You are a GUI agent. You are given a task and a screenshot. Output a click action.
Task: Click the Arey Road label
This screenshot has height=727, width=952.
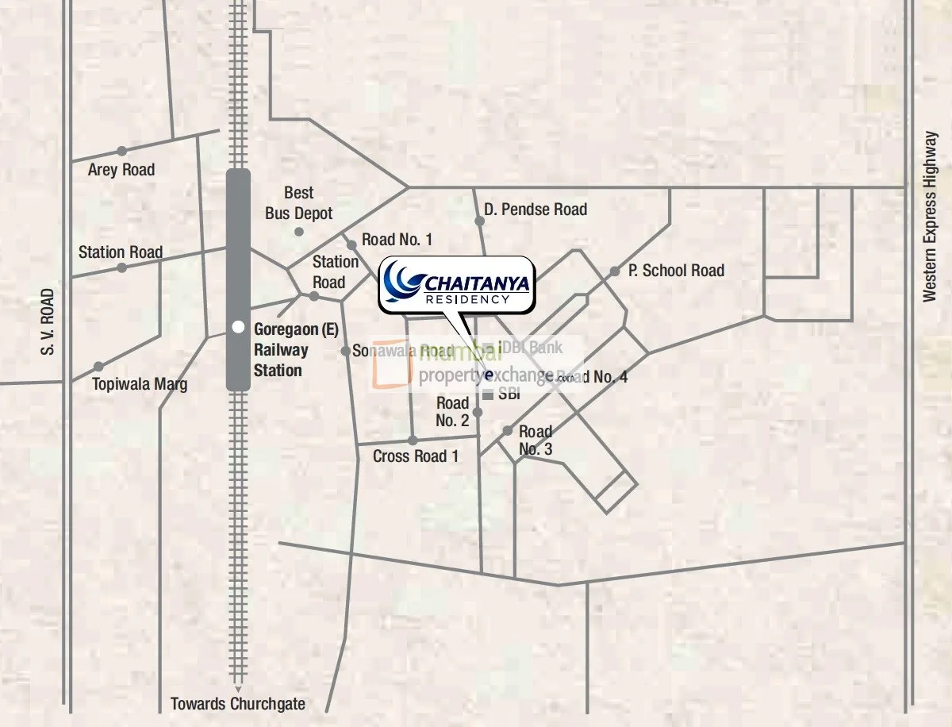pos(121,170)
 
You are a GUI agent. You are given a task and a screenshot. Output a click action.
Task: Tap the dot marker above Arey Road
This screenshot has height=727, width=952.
pos(121,151)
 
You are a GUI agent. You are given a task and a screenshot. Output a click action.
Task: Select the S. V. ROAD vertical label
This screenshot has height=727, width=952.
pos(48,321)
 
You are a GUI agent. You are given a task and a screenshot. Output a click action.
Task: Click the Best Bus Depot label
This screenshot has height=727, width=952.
pos(298,203)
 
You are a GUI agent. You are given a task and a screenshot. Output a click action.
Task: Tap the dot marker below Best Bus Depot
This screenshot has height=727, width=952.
pos(299,232)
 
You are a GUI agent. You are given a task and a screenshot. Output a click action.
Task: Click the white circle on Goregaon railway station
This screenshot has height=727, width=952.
pos(237,327)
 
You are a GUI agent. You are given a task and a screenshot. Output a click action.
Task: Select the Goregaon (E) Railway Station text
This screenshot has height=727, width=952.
pos(281,349)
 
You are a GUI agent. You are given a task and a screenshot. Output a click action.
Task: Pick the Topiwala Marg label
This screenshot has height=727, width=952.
pos(140,385)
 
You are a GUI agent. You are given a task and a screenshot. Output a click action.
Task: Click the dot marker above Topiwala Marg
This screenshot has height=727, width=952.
pos(98,367)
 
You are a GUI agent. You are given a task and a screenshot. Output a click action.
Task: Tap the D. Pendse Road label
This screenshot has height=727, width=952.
pos(535,210)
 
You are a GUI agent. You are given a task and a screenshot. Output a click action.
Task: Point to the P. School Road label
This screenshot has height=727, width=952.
pos(676,271)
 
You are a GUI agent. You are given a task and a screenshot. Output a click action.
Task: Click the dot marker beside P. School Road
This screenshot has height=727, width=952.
pos(615,271)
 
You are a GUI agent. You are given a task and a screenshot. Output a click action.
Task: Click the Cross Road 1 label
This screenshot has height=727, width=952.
pos(416,456)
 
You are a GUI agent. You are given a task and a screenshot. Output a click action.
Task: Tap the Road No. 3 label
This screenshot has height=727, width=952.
pos(535,440)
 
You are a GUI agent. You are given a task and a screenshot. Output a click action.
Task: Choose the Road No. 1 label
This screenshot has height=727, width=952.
pos(397,240)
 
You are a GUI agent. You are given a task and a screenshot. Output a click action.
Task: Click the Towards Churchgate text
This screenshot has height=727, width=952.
pos(238,704)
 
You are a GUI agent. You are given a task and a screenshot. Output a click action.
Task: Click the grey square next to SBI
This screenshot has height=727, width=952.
pos(487,394)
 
